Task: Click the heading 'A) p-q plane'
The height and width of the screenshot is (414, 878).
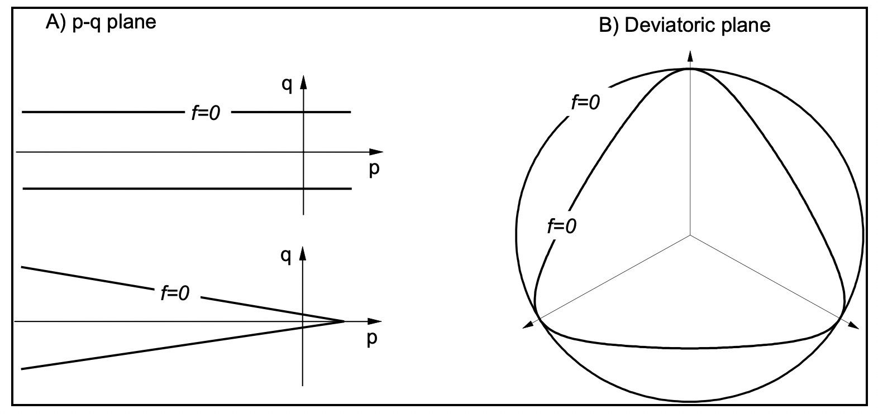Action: click(101, 22)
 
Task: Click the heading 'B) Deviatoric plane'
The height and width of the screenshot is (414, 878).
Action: click(685, 26)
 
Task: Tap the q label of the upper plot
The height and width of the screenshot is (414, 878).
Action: click(287, 84)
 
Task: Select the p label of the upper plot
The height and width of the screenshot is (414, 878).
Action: click(374, 169)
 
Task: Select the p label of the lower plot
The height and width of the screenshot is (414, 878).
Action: click(372, 339)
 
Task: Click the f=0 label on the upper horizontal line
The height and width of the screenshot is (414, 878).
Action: click(206, 113)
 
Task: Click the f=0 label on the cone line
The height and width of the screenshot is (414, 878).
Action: click(175, 293)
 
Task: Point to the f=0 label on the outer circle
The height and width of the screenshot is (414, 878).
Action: click(585, 103)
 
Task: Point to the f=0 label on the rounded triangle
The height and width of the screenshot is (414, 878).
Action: click(562, 227)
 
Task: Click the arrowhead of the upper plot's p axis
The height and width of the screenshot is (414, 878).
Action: click(376, 152)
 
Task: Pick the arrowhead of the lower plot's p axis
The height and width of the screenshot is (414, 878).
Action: click(374, 321)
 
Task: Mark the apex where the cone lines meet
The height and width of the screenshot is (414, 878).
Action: click(344, 321)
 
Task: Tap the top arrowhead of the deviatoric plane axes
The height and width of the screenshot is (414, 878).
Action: click(690, 57)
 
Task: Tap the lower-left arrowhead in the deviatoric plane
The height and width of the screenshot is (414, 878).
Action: click(528, 325)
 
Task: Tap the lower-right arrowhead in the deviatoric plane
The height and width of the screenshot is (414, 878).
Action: click(853, 325)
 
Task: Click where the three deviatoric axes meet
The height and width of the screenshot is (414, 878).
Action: click(690, 235)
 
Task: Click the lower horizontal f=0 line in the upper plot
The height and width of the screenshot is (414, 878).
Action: click(187, 189)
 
